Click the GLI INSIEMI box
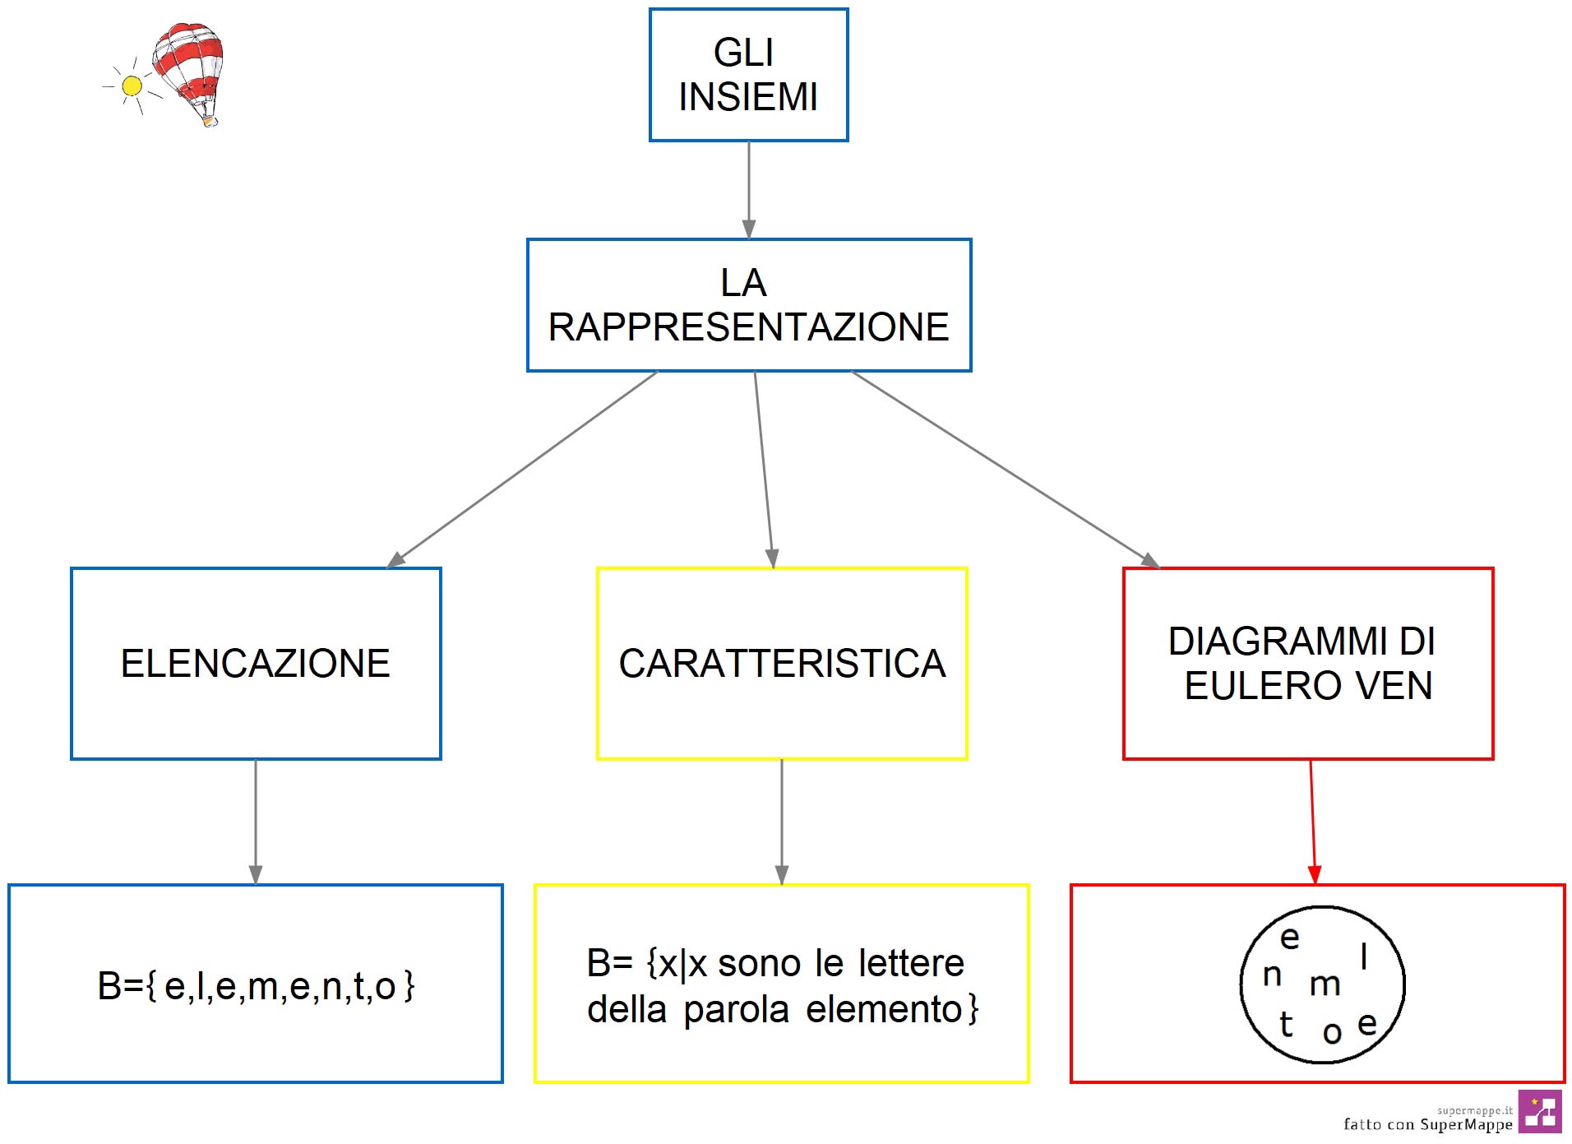tap(748, 75)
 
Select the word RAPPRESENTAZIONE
tap(748, 327)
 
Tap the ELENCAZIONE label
tap(256, 664)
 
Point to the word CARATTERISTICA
tap(782, 664)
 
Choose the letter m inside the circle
tap(1325, 984)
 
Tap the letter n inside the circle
tap(1272, 975)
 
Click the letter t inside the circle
tap(1286, 1024)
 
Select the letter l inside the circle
tap(1364, 956)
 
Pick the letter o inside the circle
tap(1332, 1032)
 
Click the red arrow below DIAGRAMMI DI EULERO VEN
tap(1312, 822)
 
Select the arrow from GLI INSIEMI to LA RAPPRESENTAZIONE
tap(748, 189)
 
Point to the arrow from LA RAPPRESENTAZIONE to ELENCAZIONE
tap(523, 469)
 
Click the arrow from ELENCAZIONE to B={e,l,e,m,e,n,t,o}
tap(256, 822)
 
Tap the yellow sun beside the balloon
tap(132, 86)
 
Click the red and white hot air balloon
tap(190, 70)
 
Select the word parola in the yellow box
tap(736, 1009)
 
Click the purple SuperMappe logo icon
tap(1539, 1112)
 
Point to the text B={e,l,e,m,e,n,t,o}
tap(256, 985)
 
